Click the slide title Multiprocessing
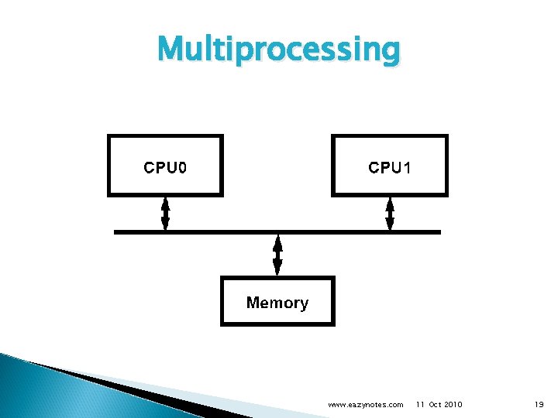click(x=279, y=50)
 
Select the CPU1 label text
click(x=389, y=168)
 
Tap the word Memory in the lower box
click(x=277, y=303)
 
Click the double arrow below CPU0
click(x=165, y=213)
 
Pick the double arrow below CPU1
click(x=390, y=213)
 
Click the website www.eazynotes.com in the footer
click(x=366, y=405)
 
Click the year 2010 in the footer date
click(x=453, y=405)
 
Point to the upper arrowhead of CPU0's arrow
click(x=165, y=203)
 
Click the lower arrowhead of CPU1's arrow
click(x=390, y=224)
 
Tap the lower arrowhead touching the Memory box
click(x=277, y=269)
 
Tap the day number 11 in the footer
click(x=420, y=405)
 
